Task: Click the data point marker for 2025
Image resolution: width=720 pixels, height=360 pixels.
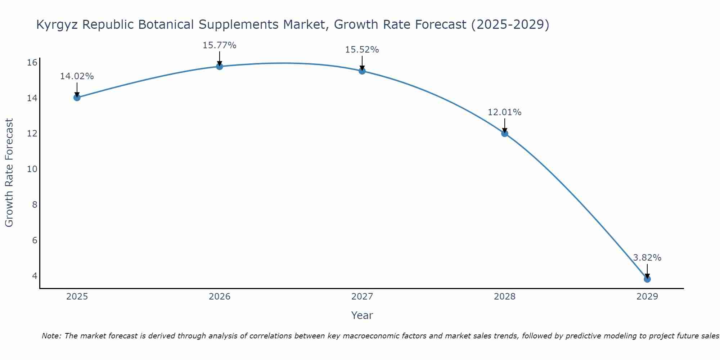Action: tap(77, 97)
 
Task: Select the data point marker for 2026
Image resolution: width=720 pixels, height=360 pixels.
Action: tap(220, 66)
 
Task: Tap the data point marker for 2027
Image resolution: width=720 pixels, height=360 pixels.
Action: tap(362, 71)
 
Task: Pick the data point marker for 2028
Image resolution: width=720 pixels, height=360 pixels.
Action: tap(505, 133)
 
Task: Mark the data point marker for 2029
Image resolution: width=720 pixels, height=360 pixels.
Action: tap(647, 279)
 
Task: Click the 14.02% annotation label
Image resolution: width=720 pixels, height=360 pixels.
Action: tap(77, 76)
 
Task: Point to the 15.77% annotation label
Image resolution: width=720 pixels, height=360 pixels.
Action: tap(219, 45)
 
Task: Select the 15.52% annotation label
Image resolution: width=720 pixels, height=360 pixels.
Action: tap(362, 50)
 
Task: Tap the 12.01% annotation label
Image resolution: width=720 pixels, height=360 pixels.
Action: tap(504, 112)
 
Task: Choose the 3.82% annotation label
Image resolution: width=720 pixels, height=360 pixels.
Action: tap(647, 258)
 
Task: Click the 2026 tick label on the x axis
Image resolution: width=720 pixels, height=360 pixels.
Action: tap(220, 297)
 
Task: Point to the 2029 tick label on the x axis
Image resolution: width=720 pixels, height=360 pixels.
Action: tap(647, 297)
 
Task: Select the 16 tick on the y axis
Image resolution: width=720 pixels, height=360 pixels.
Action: tap(32, 63)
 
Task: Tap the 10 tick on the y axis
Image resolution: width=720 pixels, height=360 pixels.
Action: tap(32, 169)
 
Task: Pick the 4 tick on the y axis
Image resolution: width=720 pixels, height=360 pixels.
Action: tap(35, 276)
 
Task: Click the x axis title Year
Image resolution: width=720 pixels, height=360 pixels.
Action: tap(362, 315)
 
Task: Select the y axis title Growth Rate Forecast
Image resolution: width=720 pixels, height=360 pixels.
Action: tap(9, 173)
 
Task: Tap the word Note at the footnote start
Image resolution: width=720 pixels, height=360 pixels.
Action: tap(51, 336)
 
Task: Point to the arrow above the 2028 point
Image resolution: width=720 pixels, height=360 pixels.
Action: tap(505, 125)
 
